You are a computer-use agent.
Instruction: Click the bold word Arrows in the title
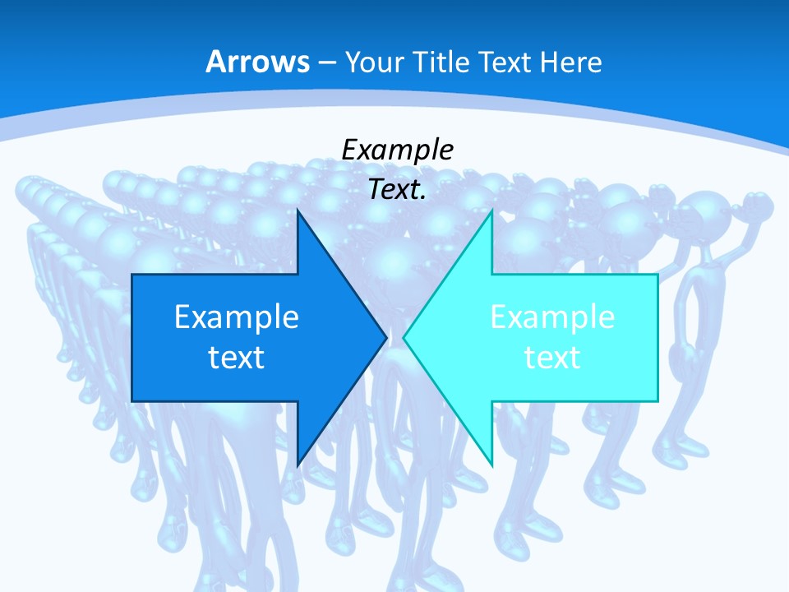[257, 62]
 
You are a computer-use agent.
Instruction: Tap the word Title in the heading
[440, 62]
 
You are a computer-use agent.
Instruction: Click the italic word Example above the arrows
[397, 150]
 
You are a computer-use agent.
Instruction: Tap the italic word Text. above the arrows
[397, 190]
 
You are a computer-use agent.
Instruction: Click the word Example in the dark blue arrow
[236, 317]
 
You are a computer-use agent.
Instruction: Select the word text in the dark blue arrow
[236, 357]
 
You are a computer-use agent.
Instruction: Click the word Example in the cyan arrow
[552, 317]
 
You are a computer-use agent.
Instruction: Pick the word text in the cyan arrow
[552, 357]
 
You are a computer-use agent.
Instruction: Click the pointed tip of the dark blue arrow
[385, 337]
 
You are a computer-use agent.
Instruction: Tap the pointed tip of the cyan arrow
[404, 337]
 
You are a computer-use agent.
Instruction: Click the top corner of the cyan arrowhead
[491, 211]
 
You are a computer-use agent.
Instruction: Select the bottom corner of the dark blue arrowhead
[298, 465]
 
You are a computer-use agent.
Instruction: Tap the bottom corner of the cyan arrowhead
[491, 465]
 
